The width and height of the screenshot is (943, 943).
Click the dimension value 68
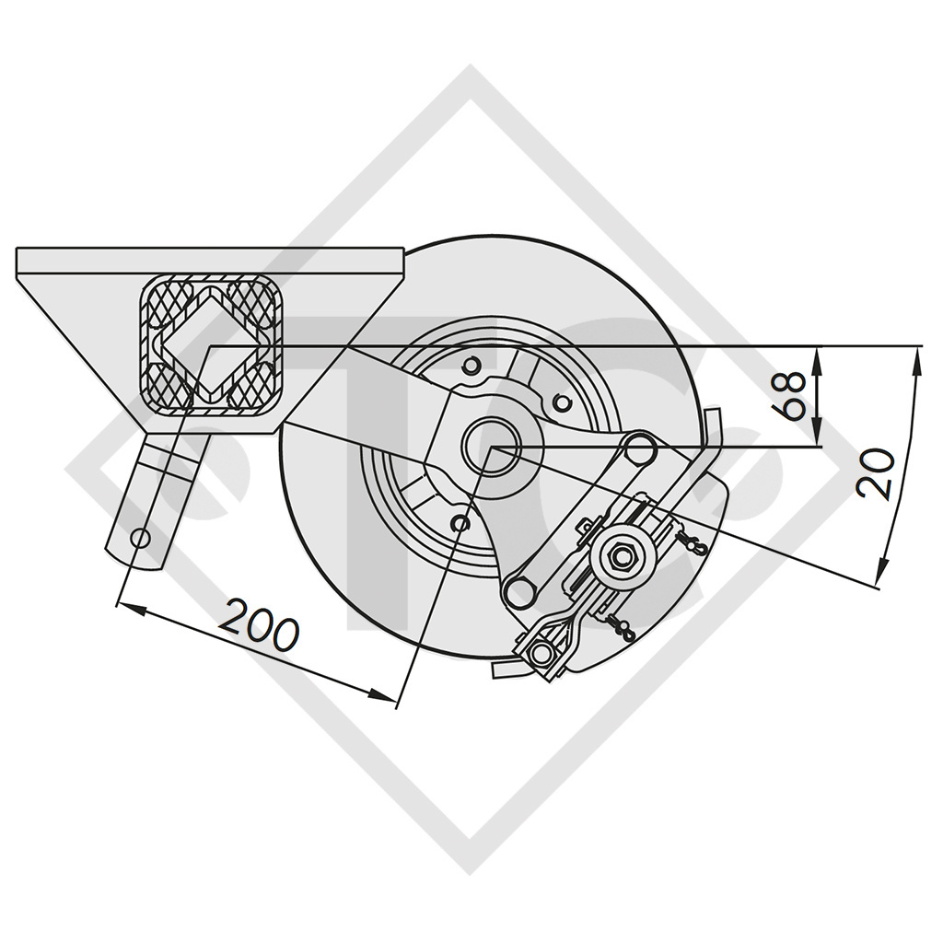pyautogui.click(x=797, y=395)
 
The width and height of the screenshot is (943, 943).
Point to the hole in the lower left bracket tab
pyautogui.click(x=141, y=537)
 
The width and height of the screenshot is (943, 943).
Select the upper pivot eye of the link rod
pyautogui.click(x=638, y=449)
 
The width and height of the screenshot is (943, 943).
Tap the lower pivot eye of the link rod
pyautogui.click(x=520, y=589)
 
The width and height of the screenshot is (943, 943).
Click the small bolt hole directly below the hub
pyautogui.click(x=462, y=523)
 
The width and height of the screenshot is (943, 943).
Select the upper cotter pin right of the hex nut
pyautogui.click(x=689, y=543)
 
